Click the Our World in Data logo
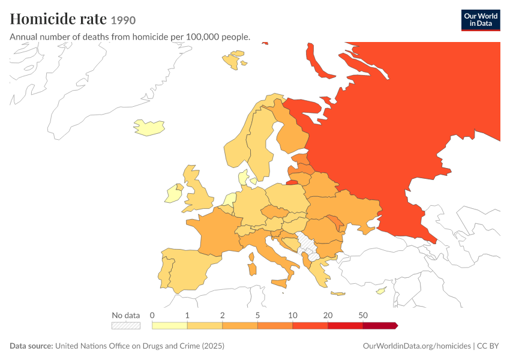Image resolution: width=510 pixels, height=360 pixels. [x=481, y=20]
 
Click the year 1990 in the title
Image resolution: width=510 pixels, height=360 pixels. [x=123, y=20]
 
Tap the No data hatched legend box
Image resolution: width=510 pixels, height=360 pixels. [x=126, y=326]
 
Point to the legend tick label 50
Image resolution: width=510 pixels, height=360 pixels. [x=363, y=315]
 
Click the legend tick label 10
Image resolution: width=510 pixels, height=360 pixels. [x=293, y=315]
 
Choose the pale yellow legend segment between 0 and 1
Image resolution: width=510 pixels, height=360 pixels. [x=169, y=326]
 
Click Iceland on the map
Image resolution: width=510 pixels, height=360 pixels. [x=149, y=127]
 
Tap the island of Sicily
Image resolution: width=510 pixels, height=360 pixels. [x=280, y=283]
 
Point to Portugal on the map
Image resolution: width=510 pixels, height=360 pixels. [x=165, y=272]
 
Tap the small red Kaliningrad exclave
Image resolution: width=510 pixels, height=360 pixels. [x=292, y=182]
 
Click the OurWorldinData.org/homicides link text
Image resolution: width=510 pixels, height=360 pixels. [x=416, y=346]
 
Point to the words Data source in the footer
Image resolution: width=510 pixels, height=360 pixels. [x=31, y=346]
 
